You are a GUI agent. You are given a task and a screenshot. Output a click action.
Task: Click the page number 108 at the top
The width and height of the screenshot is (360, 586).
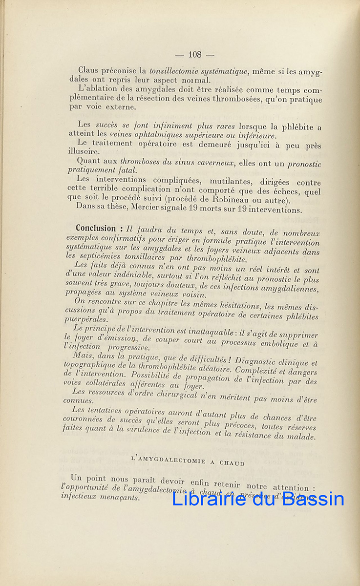click(194, 54)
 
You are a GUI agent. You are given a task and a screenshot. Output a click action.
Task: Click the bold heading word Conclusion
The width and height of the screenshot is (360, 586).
click(96, 229)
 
